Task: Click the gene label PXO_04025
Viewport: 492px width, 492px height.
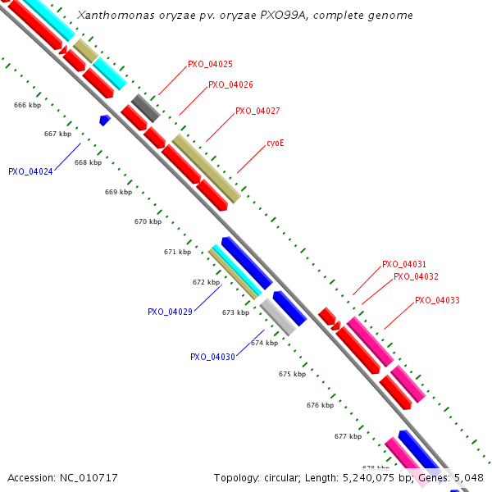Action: (210, 64)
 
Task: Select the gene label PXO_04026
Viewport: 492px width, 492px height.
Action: (230, 84)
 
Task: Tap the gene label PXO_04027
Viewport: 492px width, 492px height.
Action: (257, 111)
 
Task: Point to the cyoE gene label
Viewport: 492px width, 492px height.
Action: (276, 143)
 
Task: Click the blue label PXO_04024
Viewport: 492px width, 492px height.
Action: (30, 172)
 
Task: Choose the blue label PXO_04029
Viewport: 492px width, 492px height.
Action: (170, 312)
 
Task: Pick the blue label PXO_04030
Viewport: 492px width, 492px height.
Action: (212, 357)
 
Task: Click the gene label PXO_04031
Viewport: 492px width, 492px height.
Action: (404, 265)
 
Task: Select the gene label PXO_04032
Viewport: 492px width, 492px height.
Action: (416, 277)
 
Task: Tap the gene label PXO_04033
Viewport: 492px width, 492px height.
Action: (437, 301)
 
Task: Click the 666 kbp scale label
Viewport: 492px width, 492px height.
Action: (27, 105)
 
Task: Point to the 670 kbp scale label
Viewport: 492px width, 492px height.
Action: (148, 221)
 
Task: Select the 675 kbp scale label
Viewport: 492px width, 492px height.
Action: (292, 374)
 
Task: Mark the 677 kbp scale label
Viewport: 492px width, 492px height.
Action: (348, 436)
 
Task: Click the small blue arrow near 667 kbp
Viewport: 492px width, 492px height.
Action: (105, 121)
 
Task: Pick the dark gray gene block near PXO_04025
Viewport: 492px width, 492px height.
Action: (145, 108)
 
